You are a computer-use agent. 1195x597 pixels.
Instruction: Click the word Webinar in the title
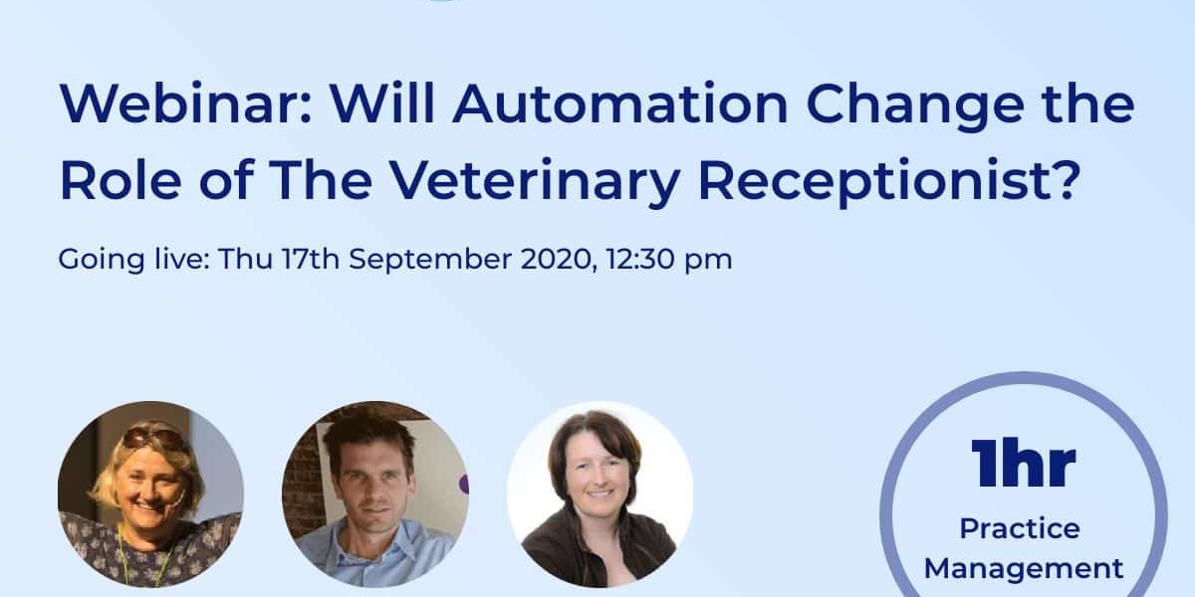[x=185, y=102]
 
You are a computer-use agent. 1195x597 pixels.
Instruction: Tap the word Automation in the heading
[x=619, y=102]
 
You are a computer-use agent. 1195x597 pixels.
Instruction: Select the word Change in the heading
[x=914, y=107]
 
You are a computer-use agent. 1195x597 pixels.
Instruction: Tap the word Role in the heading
[x=120, y=179]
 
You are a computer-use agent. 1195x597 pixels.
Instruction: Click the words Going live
[x=133, y=260]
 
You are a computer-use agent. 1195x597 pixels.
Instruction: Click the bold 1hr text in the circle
[x=1024, y=463]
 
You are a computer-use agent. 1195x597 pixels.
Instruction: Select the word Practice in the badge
[x=1020, y=528]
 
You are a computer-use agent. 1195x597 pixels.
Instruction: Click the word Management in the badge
[x=1024, y=569]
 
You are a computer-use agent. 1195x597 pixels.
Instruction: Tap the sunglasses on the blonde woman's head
[x=153, y=437]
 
